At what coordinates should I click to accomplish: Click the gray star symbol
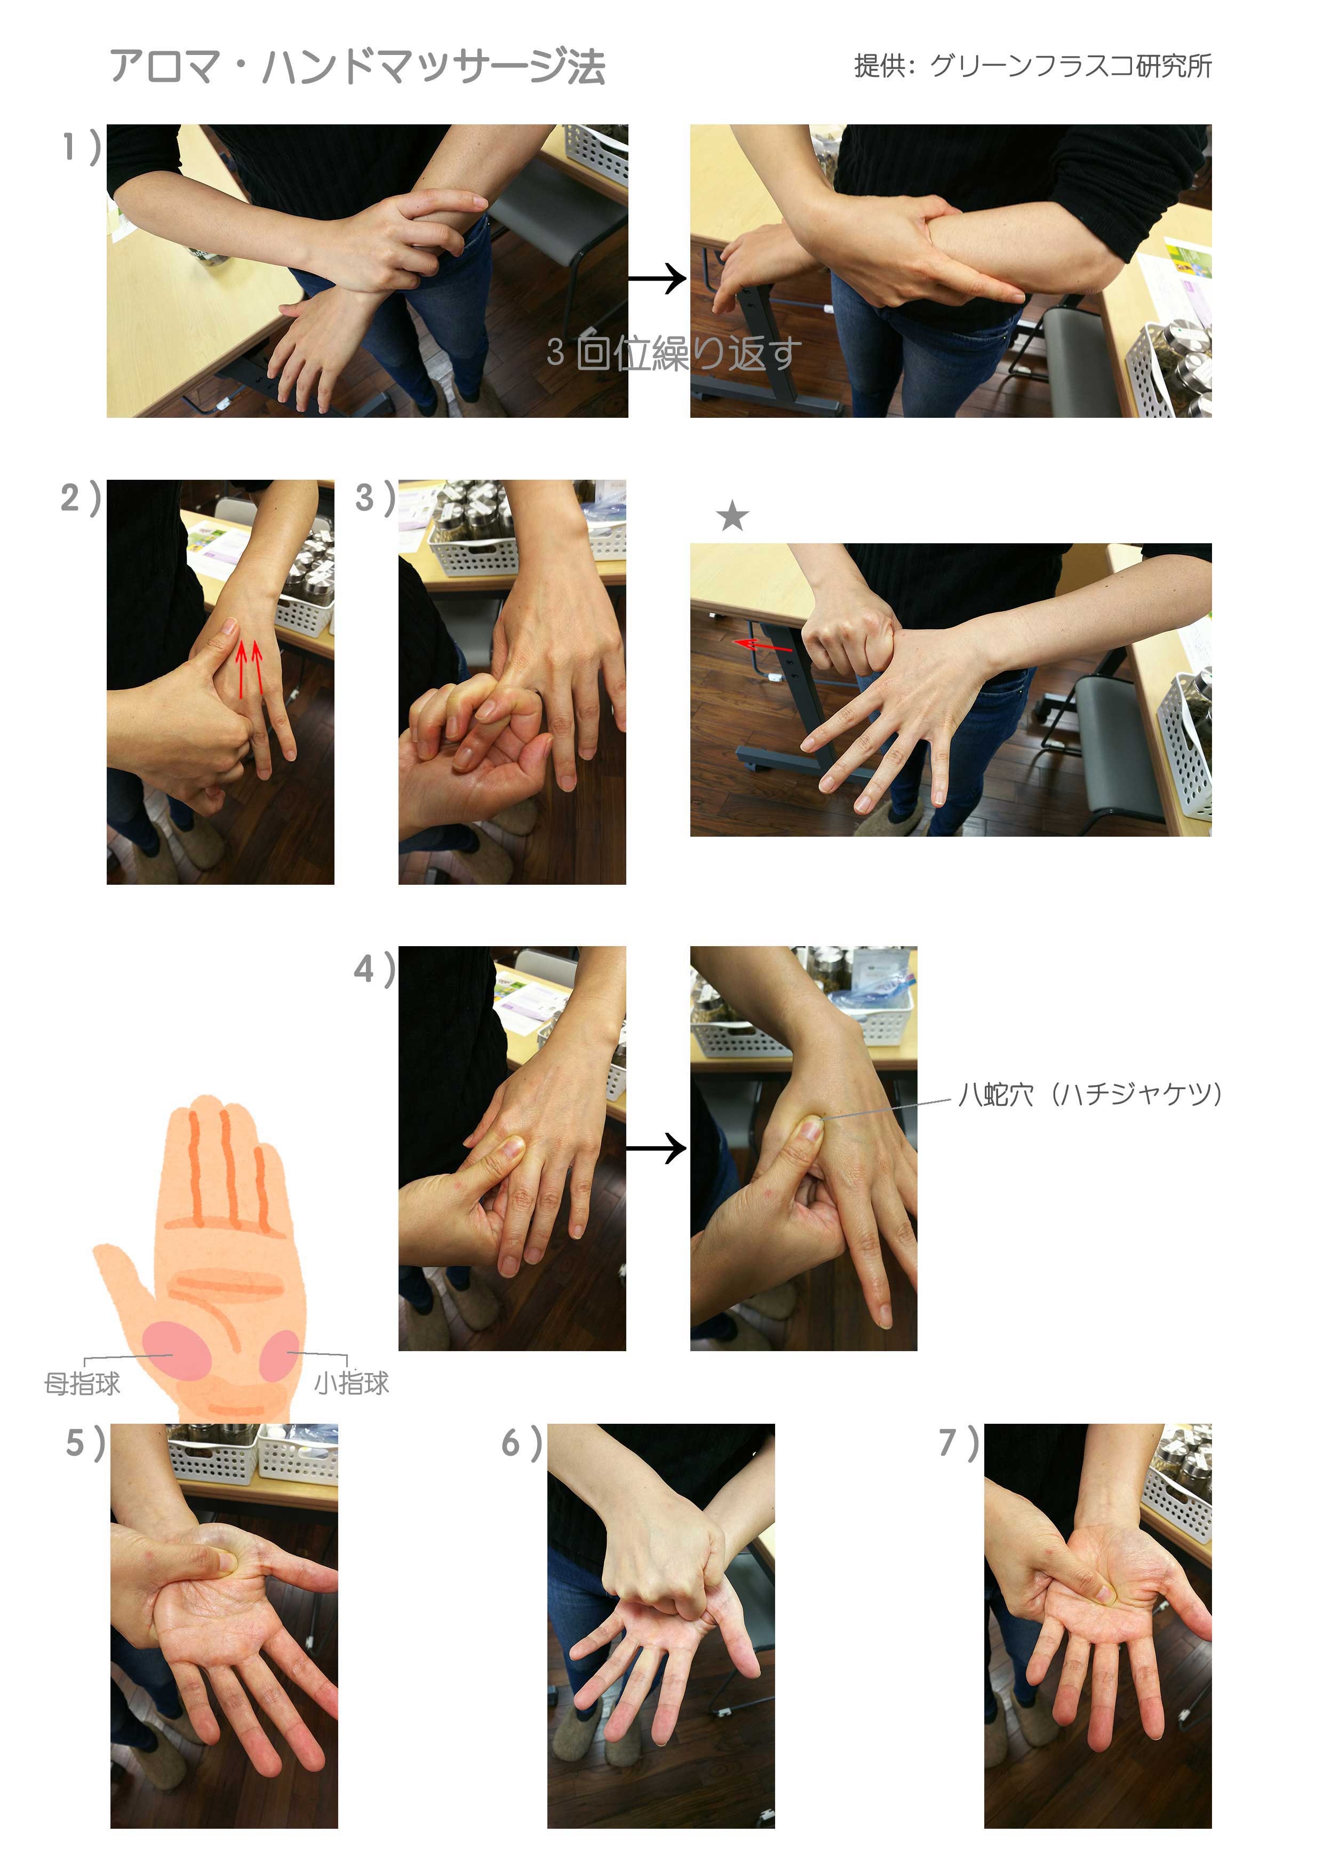[732, 515]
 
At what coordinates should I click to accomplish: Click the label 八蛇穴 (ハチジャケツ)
[1090, 1093]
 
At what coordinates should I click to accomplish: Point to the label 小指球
[352, 1383]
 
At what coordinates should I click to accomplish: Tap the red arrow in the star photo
[762, 646]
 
